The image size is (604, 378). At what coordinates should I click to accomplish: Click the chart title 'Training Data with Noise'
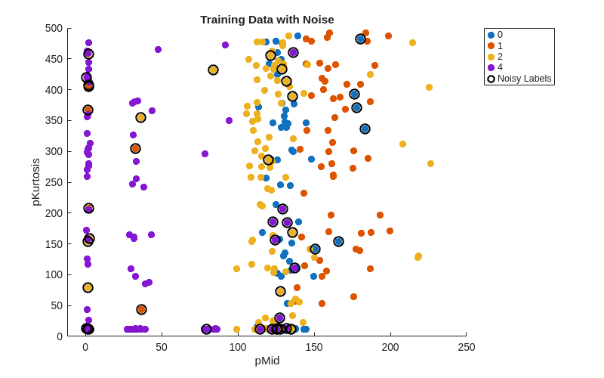[267, 20]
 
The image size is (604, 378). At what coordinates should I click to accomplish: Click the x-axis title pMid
[267, 361]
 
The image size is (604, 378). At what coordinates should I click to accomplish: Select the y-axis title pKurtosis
[35, 181]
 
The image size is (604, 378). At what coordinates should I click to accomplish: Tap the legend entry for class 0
[497, 35]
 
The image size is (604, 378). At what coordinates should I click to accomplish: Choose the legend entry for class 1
[497, 46]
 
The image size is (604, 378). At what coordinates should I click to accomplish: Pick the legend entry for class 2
[497, 57]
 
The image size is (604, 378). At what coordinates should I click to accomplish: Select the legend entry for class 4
[497, 67]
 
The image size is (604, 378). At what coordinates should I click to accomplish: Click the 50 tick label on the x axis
[162, 347]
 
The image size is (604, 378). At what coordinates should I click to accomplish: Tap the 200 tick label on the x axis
[390, 347]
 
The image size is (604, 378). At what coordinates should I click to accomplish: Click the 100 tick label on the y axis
[54, 274]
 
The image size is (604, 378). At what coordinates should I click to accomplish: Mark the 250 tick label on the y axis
[54, 182]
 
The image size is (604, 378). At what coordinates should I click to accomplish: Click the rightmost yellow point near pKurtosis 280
[430, 163]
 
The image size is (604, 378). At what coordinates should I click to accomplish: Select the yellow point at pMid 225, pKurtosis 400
[429, 88]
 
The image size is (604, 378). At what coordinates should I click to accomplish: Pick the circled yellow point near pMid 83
[213, 70]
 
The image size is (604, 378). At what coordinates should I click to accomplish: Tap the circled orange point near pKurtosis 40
[141, 309]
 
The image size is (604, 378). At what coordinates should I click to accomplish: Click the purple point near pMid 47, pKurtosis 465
[158, 50]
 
